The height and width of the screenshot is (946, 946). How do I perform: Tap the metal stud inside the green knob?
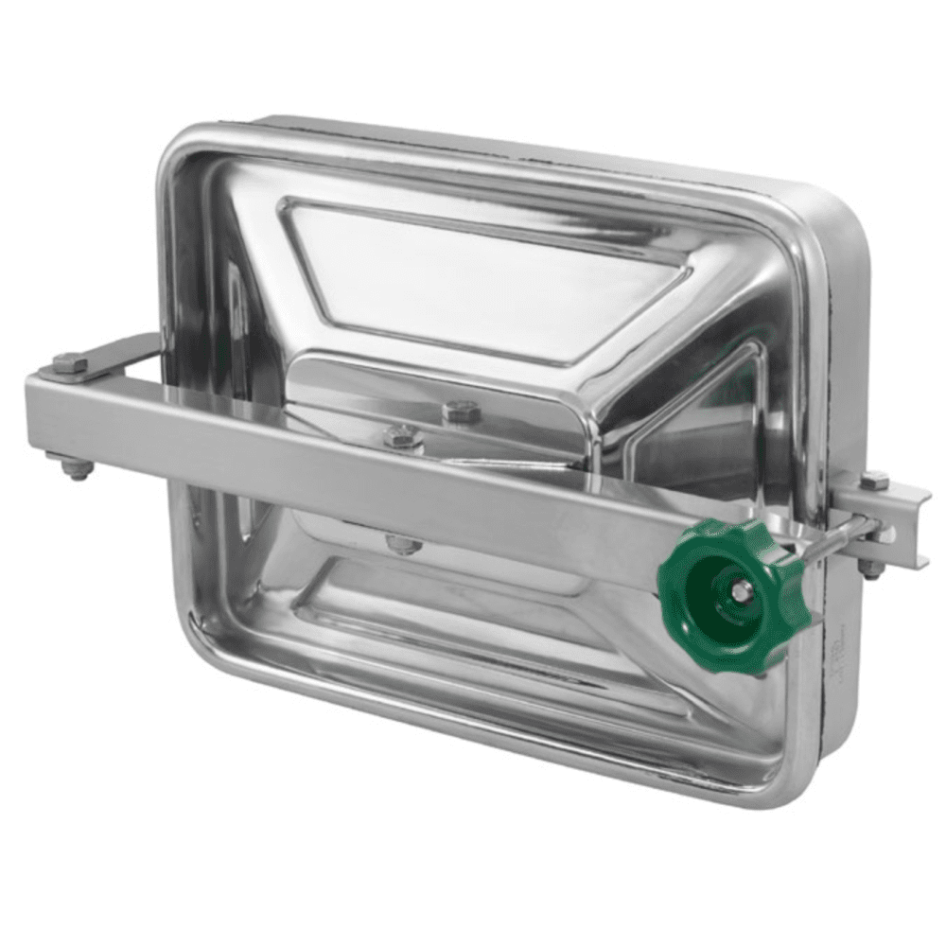tap(741, 591)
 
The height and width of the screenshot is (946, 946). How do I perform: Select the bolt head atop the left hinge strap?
tap(69, 362)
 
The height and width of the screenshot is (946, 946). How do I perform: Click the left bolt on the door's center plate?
tap(402, 436)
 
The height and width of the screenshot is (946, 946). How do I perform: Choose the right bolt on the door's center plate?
tap(461, 412)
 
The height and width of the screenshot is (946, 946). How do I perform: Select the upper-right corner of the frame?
tap(842, 203)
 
